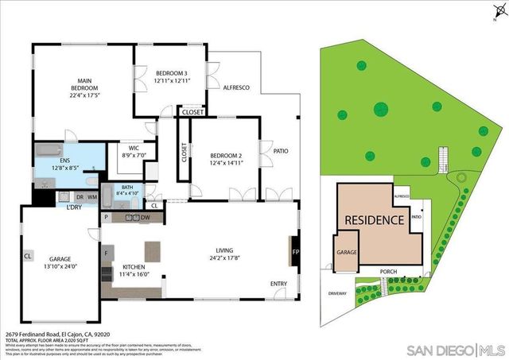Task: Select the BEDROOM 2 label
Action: [x=224, y=155]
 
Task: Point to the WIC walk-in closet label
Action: [x=129, y=148]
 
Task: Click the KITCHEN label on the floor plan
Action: [x=133, y=267]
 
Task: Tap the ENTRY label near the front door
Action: [x=278, y=284]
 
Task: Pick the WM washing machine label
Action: [x=92, y=196]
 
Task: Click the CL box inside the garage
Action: [x=27, y=256]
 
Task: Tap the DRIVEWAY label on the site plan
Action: [x=337, y=293]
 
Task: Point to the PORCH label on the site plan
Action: [x=388, y=271]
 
